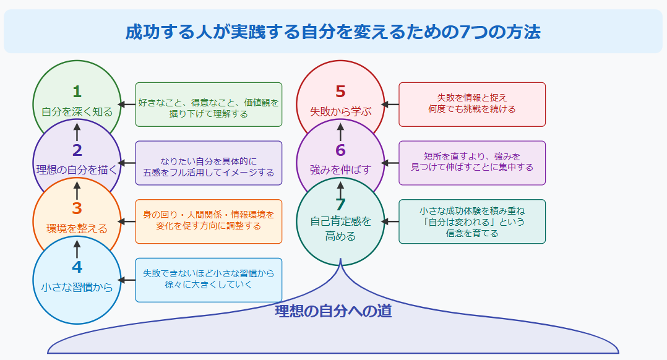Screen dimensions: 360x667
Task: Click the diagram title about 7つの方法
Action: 333,32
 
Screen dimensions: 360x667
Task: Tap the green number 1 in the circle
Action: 77,92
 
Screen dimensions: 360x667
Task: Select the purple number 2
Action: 77,150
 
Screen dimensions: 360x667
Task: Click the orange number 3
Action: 77,209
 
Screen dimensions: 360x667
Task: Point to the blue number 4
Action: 77,267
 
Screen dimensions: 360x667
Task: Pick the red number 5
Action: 340,92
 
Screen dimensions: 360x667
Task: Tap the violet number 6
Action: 340,150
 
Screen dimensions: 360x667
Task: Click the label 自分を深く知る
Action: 77,112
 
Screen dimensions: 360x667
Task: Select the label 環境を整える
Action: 77,229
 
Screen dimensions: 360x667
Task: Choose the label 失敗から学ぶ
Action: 340,112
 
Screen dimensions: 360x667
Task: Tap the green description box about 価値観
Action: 209,105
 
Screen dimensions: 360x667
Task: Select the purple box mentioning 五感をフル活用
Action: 209,163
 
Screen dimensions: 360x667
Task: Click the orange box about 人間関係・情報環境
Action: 209,221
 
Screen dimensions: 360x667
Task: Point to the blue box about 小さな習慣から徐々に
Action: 209,280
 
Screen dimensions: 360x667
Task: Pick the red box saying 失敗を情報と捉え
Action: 472,104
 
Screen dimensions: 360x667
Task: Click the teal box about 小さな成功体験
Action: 472,221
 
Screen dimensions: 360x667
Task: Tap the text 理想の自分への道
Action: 333,311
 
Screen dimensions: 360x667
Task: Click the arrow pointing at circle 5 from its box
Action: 390,105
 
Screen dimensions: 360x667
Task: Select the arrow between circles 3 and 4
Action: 77,249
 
